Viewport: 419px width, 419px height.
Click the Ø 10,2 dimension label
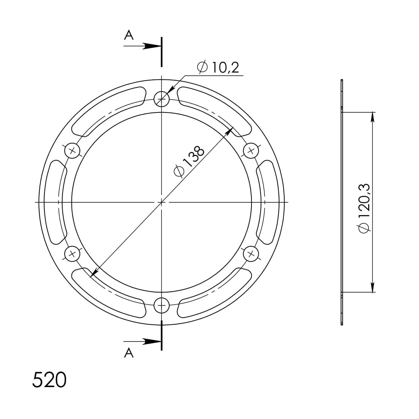(218, 67)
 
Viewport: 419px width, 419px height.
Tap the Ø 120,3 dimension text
(364, 207)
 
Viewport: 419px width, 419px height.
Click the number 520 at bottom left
(49, 380)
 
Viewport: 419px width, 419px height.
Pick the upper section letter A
(129, 35)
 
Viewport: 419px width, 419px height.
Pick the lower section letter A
(129, 353)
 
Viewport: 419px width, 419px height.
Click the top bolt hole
(161, 99)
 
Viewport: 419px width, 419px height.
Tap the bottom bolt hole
(161, 305)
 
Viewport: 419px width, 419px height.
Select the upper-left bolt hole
(72, 151)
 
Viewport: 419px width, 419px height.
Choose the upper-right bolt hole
(251, 151)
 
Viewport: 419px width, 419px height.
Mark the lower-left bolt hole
(72, 253)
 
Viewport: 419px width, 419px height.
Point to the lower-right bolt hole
(251, 253)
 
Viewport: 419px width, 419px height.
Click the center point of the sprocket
(161, 202)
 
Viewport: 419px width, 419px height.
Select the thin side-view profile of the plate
(342, 202)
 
